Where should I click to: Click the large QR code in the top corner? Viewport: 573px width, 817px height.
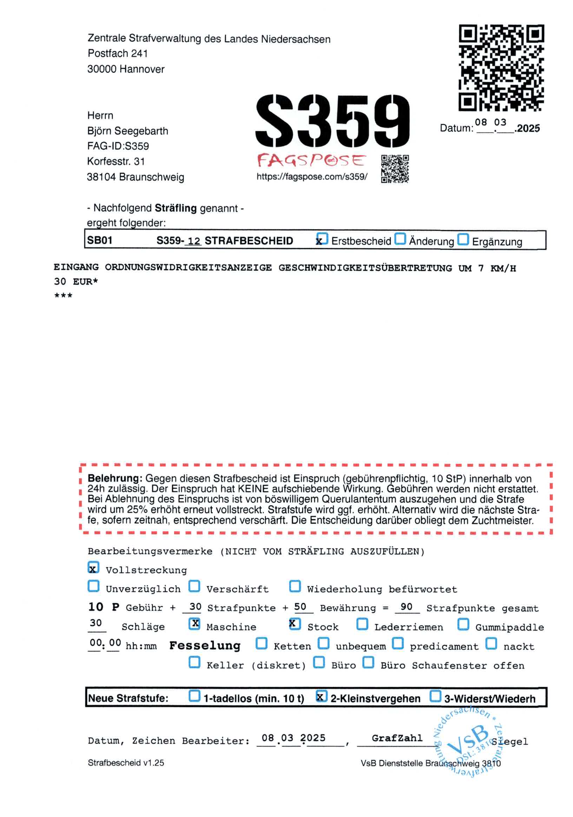point(501,67)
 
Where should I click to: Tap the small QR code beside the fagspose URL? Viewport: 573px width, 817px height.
point(395,168)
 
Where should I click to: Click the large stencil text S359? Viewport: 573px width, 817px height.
point(332,121)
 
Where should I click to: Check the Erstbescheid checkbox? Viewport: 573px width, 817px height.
point(322,239)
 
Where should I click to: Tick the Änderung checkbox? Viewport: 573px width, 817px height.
point(401,239)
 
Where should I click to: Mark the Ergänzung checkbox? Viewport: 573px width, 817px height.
point(463,239)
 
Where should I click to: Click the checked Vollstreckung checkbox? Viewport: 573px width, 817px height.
point(93,568)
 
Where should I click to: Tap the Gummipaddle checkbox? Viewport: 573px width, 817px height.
point(463,624)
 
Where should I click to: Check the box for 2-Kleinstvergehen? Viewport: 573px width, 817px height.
point(321,696)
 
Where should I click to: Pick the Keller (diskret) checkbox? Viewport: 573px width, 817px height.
point(194,662)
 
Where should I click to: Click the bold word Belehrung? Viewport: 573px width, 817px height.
point(115,478)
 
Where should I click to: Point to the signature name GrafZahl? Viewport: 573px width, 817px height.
point(397,738)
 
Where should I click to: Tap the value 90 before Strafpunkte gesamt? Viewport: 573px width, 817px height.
point(406,607)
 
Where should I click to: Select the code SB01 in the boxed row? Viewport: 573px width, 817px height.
point(100,240)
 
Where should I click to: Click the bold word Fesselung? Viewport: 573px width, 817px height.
point(205,646)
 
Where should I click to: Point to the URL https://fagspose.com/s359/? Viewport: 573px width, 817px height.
point(311,176)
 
